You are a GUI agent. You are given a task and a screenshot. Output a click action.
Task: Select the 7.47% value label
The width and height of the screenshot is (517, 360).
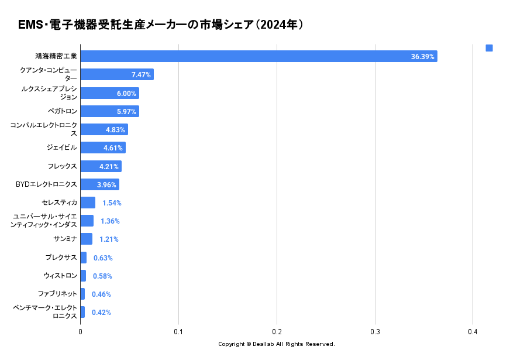point(141,75)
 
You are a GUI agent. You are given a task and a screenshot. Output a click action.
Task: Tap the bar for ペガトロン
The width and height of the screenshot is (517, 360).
point(109,111)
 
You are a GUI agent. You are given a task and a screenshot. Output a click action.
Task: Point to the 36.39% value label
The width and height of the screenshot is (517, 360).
point(422,57)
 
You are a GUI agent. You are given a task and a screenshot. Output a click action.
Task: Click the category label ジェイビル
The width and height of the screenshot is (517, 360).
point(61,148)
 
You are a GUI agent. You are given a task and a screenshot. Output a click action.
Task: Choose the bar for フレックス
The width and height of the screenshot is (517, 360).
point(101,166)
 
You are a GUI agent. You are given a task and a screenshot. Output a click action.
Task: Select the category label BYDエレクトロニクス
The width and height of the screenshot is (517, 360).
point(46,184)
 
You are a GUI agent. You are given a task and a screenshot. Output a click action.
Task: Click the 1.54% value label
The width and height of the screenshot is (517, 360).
point(112,203)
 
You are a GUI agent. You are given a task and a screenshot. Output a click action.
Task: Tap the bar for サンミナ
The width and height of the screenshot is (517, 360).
point(86,239)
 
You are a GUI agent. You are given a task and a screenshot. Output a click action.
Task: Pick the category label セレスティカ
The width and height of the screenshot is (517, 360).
point(59,203)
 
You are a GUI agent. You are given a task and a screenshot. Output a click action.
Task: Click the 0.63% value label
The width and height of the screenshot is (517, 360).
point(103,258)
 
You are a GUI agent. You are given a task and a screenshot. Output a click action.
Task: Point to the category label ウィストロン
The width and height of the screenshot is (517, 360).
point(60,276)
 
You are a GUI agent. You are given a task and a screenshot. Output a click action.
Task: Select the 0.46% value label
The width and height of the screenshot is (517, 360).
point(101,294)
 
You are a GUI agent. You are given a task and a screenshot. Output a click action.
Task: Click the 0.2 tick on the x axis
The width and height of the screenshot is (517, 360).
point(277,331)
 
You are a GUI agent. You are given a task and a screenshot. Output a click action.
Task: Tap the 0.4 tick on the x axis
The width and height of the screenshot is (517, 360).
point(473,331)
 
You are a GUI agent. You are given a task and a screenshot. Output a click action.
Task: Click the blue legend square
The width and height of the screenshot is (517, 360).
point(489,48)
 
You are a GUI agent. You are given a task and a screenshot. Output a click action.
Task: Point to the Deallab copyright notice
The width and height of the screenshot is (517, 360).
point(276,344)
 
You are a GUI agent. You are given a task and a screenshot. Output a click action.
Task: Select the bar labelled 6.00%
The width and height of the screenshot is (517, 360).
point(109,93)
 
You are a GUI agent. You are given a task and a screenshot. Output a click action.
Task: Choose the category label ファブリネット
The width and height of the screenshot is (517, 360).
point(57,294)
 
